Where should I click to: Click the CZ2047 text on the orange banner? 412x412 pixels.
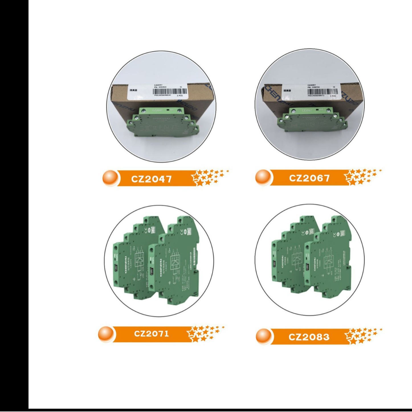click(x=151, y=179)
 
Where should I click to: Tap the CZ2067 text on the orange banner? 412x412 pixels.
click(x=309, y=178)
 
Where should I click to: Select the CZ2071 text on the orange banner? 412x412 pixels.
click(x=152, y=333)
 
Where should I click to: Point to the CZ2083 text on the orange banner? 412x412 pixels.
click(x=309, y=337)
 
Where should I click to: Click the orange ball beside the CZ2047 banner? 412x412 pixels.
click(x=110, y=178)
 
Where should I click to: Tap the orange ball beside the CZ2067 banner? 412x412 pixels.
click(x=263, y=177)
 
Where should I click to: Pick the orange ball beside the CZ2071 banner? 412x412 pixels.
click(x=106, y=334)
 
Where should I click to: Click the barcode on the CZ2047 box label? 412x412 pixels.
click(x=170, y=91)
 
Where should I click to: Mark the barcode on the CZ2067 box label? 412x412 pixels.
click(x=323, y=92)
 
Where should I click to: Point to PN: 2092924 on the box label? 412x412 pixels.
click(x=160, y=87)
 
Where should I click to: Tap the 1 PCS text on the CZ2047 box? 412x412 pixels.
click(x=180, y=96)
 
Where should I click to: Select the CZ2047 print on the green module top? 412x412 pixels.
click(x=157, y=110)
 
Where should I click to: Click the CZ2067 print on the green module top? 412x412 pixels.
click(x=307, y=110)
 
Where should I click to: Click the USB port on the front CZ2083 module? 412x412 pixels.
click(x=307, y=267)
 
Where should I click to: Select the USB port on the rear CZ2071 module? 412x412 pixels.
click(x=117, y=268)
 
